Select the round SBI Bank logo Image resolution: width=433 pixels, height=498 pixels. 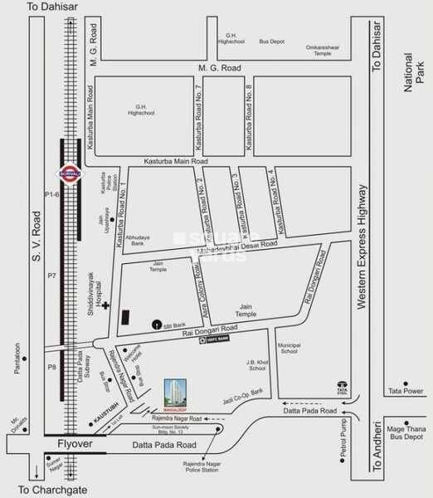[x=155, y=325]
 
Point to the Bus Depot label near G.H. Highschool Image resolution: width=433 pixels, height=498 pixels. [x=270, y=40]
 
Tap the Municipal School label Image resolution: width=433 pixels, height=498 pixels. [x=287, y=349]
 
